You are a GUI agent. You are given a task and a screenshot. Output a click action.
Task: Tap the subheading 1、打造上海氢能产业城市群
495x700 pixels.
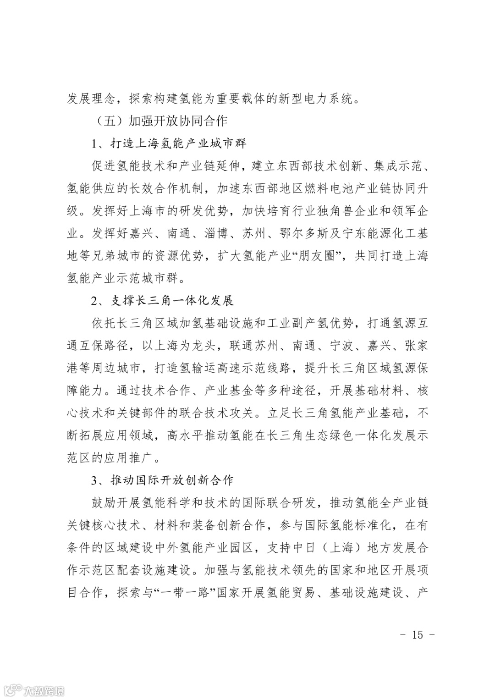tap(169, 143)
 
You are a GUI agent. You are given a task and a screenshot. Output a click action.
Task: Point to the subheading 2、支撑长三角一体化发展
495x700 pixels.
tap(163, 300)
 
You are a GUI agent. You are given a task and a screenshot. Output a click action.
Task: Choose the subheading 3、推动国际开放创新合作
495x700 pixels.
tap(163, 480)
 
